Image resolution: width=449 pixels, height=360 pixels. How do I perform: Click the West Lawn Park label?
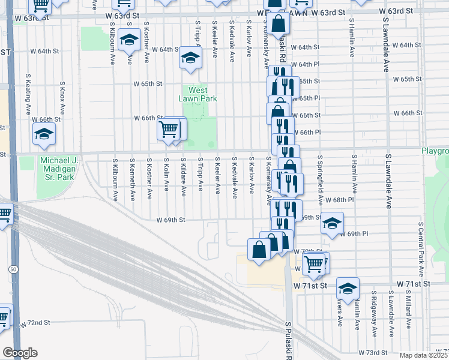click(197, 94)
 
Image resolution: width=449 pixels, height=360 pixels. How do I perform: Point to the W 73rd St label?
click(372, 352)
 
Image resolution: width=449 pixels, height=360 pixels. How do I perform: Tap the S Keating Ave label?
click(28, 95)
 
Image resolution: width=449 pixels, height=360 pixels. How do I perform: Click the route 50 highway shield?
click(13, 269)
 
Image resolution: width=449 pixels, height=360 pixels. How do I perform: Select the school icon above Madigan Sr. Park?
click(44, 134)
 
